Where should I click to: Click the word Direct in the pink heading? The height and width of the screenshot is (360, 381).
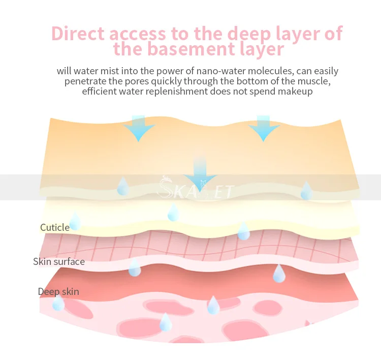click(78, 34)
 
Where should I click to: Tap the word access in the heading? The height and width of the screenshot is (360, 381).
click(142, 34)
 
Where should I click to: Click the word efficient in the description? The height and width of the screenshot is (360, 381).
click(100, 92)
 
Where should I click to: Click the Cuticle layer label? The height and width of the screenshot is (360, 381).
click(55, 227)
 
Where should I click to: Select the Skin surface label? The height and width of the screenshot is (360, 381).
click(59, 262)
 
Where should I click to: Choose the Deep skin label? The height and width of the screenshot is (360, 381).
click(58, 292)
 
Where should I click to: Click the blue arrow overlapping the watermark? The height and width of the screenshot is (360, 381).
click(200, 176)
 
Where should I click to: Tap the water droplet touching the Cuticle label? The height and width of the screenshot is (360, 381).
click(75, 222)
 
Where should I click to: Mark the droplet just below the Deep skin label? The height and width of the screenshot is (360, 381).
click(58, 304)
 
